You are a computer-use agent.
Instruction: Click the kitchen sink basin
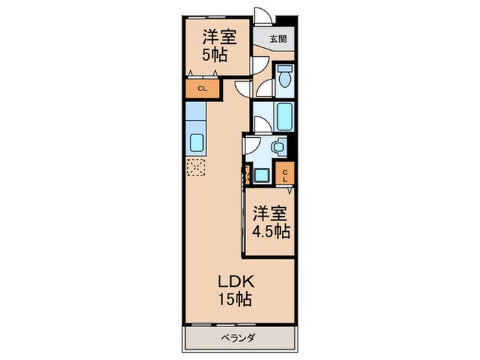pyautogui.click(x=196, y=143)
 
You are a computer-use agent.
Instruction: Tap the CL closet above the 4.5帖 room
pyautogui.click(x=285, y=173)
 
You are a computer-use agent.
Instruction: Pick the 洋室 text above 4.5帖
pyautogui.click(x=270, y=213)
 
